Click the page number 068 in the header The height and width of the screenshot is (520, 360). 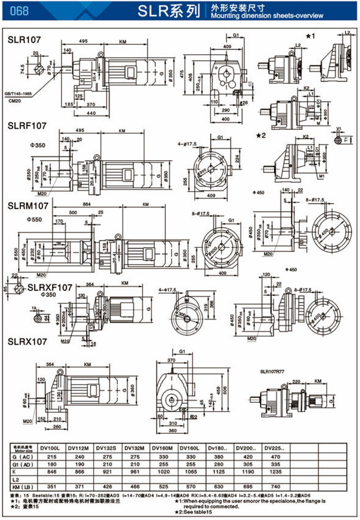click(19, 10)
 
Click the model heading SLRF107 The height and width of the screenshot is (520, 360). click(28, 126)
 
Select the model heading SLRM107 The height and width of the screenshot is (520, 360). click(28, 205)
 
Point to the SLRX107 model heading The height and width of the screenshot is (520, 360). click(27, 342)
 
